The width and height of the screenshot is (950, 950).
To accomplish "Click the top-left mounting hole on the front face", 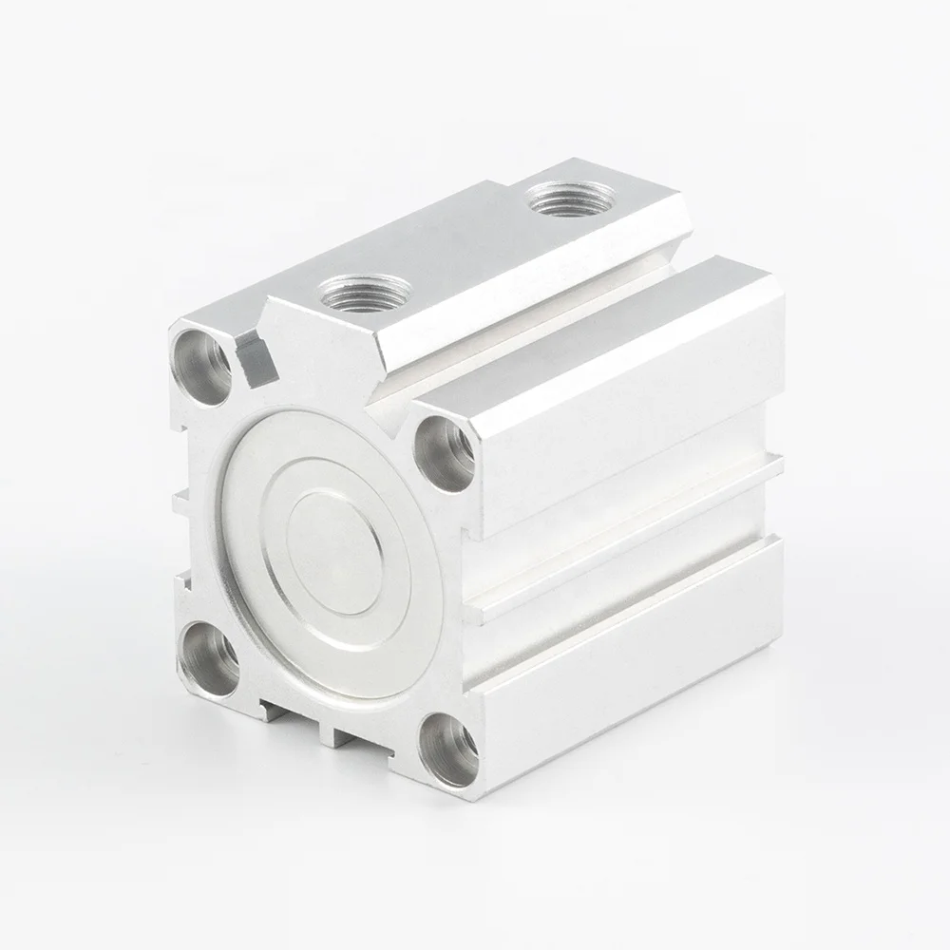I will coord(202,365).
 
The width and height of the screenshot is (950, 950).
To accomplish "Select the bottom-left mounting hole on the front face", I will coord(209,657).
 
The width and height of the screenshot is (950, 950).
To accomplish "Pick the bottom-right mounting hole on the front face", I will coord(448,749).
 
